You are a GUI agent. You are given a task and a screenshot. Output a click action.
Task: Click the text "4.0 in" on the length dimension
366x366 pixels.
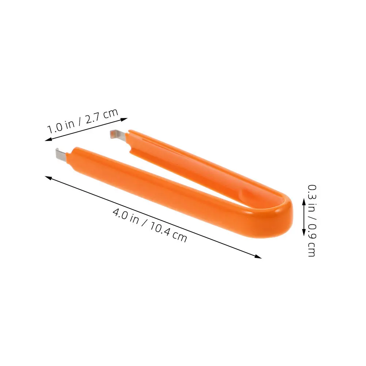click(126, 216)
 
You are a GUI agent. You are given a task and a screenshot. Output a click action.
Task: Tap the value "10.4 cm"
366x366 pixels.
click(168, 232)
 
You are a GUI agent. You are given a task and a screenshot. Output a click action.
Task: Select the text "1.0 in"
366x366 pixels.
click(61, 126)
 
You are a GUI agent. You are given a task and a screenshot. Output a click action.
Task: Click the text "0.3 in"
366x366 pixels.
click(312, 198)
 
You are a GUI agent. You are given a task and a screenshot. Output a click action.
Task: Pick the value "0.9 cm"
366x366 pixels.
click(312, 240)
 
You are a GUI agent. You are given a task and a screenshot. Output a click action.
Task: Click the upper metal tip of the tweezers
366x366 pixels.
click(117, 135)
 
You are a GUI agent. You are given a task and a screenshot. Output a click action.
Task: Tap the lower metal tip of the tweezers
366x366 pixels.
click(62, 154)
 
